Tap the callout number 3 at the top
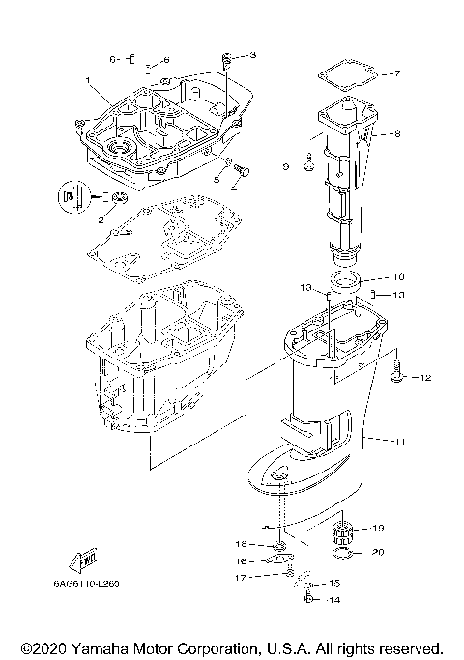tap(253, 55)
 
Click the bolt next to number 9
tap(306, 166)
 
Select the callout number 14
tap(336, 600)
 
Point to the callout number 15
tap(335, 584)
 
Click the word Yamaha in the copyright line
tap(106, 647)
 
